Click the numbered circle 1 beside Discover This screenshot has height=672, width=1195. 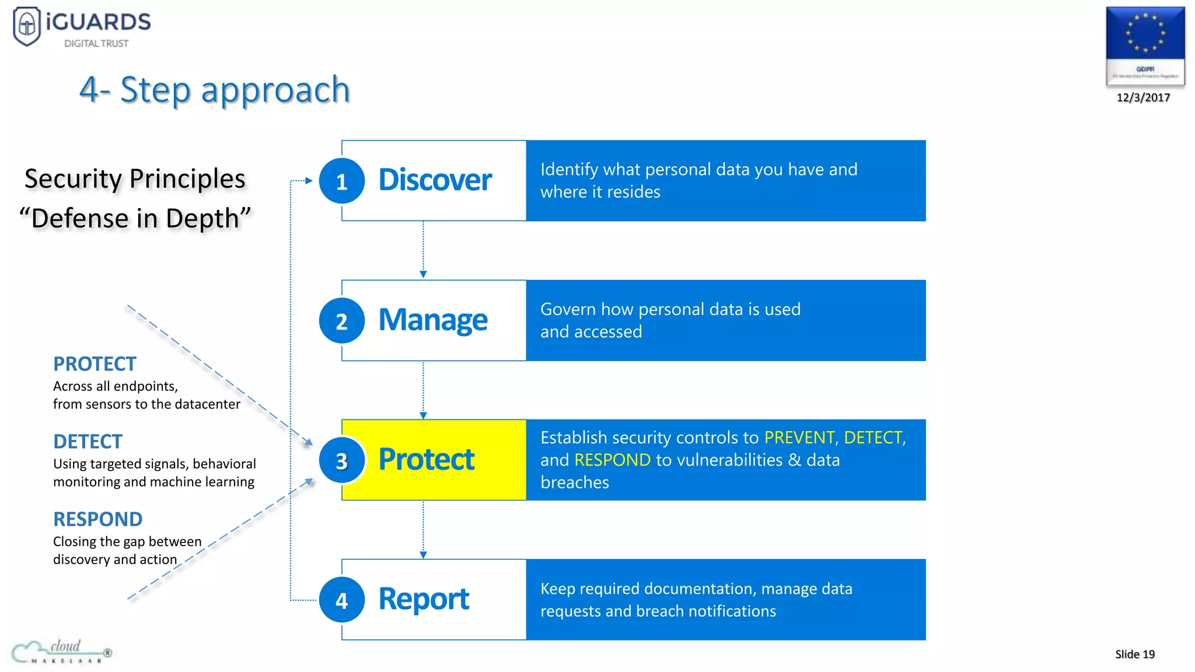pos(342,181)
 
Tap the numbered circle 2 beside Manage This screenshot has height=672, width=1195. pos(342,321)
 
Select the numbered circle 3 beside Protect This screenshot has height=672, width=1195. pos(342,461)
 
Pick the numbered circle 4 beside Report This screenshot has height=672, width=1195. pos(342,600)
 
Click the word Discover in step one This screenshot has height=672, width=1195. pos(435,180)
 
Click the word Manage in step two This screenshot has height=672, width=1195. pos(433,320)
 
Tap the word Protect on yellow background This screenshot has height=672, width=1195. pos(427,460)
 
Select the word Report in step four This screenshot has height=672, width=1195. pos(424,599)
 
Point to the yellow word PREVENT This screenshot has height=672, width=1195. pos(799,437)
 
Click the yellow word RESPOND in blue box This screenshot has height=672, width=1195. pos(612,460)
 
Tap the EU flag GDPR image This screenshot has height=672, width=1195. pos(1145,46)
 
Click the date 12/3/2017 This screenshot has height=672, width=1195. pos(1143,98)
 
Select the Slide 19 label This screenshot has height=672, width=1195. pos(1134,654)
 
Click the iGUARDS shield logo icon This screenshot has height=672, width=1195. pos(27,26)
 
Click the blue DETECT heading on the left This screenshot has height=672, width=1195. pos(88,442)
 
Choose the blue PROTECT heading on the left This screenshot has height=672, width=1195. pos(95,364)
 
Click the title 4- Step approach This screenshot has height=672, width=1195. pos(214,90)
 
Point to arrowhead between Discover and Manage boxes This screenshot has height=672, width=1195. pos(423,274)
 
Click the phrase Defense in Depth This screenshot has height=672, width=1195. pos(135,219)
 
